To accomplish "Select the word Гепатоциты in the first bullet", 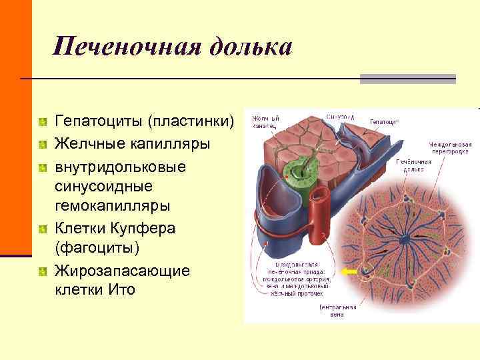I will click(99, 122).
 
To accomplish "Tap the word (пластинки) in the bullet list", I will click(192, 122).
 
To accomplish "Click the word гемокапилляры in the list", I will click(114, 207).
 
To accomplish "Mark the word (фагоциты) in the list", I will click(98, 249).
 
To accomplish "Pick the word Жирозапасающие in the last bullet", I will click(123, 270).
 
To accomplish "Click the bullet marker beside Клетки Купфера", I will click(43, 229).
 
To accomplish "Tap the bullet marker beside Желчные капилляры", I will click(43, 144).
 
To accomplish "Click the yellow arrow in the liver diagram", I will click(349, 272).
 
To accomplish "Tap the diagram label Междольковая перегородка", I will click(451, 147).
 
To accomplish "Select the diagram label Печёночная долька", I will click(411, 165).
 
